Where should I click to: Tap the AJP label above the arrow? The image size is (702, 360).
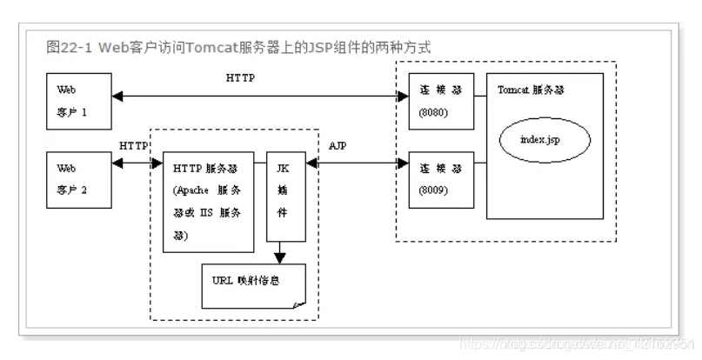click(340, 145)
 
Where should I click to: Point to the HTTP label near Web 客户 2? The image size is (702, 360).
click(133, 145)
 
